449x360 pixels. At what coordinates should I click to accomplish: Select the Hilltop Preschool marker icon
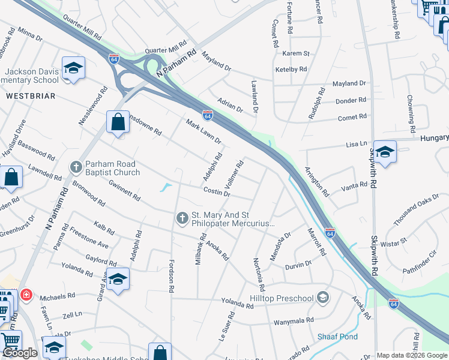(324, 298)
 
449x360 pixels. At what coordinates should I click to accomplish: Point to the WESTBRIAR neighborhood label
(31, 96)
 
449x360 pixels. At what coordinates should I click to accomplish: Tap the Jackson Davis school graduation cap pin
(73, 68)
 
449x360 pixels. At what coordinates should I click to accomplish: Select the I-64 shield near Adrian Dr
(207, 114)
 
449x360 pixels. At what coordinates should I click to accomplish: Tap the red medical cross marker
(26, 295)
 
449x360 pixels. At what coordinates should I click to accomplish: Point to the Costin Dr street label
(217, 191)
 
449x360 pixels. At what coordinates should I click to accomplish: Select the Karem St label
(296, 53)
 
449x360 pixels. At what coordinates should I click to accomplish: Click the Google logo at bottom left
(20, 352)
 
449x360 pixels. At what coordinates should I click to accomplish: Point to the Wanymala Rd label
(294, 322)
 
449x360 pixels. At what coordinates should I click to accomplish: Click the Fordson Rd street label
(171, 277)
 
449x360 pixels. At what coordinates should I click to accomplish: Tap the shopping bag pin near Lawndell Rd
(11, 177)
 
